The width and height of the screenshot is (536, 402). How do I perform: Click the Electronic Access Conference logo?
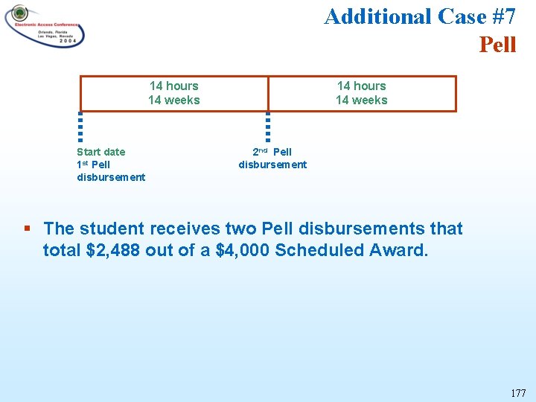(45, 26)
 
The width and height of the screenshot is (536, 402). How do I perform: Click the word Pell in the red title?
(497, 45)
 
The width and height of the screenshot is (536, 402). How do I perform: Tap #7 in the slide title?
(500, 16)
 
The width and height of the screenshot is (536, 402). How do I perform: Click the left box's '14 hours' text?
(173, 86)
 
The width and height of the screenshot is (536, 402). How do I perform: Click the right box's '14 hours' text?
(361, 86)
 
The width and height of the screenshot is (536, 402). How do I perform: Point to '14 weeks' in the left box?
(173, 100)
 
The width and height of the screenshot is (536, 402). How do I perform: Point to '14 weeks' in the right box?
(361, 100)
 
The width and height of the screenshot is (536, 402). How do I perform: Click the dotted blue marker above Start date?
(80, 126)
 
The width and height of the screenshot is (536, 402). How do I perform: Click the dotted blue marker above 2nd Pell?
(268, 126)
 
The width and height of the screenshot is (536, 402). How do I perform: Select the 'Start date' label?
(100, 152)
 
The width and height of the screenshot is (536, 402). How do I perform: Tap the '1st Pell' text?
(93, 165)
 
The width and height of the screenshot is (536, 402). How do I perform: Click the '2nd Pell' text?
(272, 152)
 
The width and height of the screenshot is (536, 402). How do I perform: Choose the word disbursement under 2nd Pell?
(272, 165)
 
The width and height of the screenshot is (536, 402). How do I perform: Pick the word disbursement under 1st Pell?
(111, 177)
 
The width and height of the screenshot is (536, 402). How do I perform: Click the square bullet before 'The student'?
(27, 229)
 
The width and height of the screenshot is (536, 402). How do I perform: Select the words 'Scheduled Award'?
(351, 250)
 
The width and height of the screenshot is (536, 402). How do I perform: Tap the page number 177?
(518, 392)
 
